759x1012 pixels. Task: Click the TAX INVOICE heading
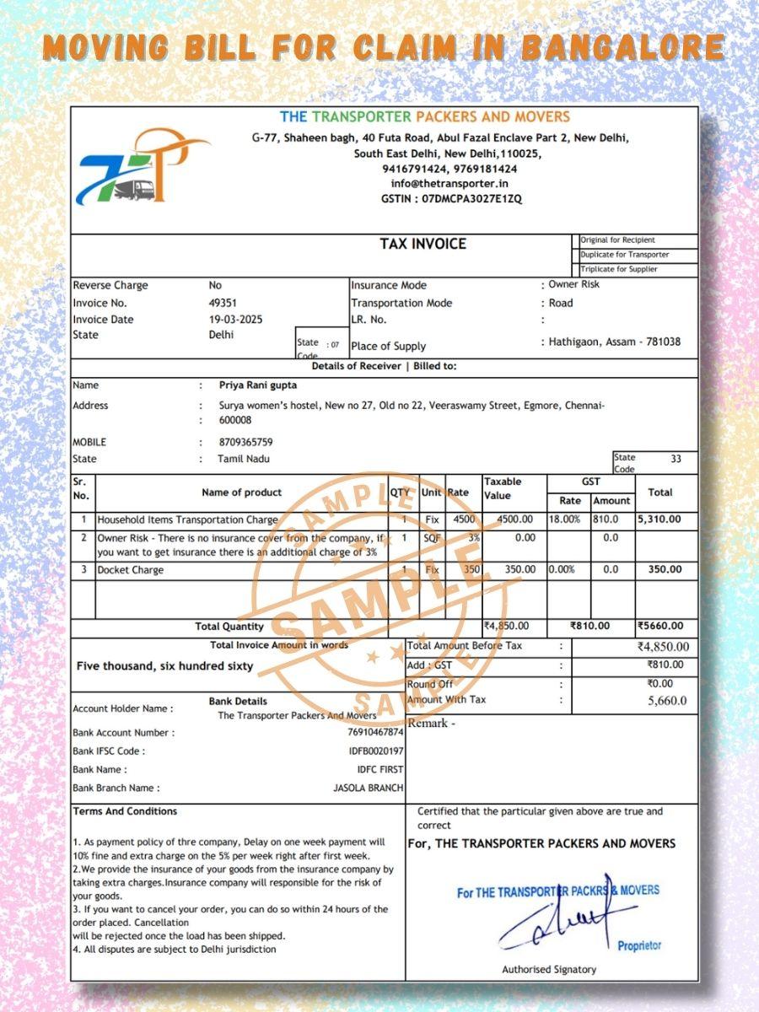point(423,244)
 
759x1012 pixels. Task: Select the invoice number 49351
point(223,303)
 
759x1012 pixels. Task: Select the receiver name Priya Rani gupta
point(257,385)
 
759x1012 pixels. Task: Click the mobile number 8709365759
point(245,442)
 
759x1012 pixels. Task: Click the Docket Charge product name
point(131,570)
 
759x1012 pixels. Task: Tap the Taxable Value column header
point(503,489)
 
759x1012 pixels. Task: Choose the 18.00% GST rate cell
point(564,519)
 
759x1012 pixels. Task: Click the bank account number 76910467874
point(376,733)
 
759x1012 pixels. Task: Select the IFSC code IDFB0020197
point(376,751)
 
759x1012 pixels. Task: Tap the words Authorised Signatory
point(549,970)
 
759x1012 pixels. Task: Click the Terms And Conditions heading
point(125,811)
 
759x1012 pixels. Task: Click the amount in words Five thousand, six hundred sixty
point(164,666)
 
